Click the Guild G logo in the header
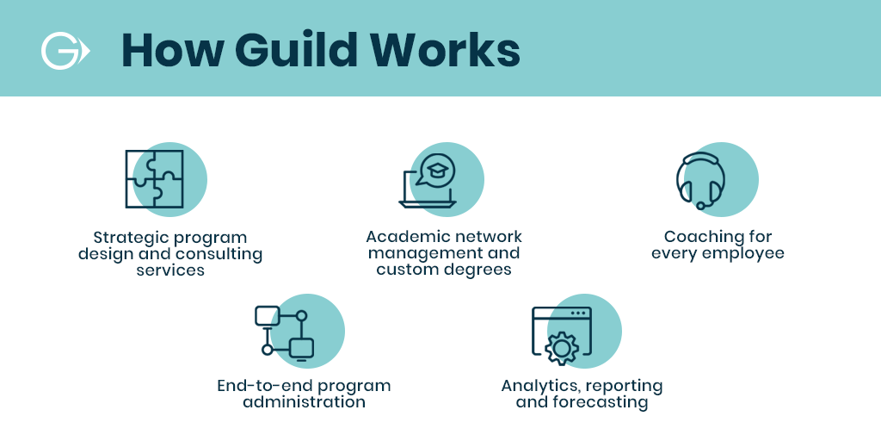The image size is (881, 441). pos(63,51)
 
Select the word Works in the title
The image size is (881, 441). pos(444,51)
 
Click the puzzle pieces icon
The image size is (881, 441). pos(155,179)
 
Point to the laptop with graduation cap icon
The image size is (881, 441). pos(428,181)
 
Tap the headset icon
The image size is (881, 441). pos(700,181)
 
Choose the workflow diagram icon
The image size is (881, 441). pos(284,332)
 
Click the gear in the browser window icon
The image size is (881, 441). pos(561,349)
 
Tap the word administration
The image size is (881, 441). pos(304,402)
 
